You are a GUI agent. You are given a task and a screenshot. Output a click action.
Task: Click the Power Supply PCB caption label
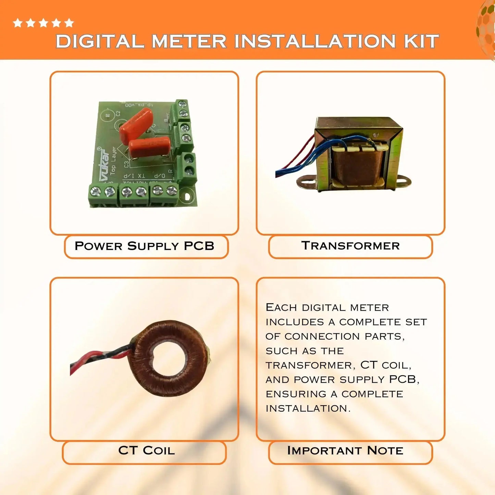[145, 246]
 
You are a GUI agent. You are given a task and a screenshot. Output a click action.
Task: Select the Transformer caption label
[350, 246]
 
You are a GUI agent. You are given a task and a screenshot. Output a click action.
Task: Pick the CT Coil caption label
[146, 450]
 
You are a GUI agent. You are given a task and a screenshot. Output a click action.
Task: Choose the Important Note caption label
[345, 450]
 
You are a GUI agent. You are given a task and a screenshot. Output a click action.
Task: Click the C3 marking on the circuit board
[126, 164]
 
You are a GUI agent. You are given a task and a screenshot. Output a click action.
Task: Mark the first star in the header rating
[17, 23]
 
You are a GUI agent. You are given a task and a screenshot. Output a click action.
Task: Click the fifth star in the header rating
[69, 23]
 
